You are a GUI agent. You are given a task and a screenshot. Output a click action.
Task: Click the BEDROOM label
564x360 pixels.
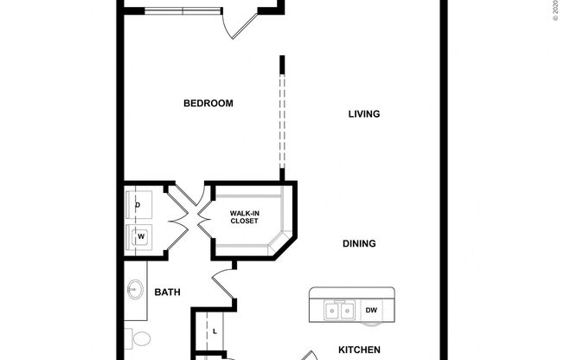click(208, 104)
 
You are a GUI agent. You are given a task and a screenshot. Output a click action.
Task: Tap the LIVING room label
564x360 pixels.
click(364, 114)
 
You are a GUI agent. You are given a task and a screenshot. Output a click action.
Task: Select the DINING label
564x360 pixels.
click(359, 244)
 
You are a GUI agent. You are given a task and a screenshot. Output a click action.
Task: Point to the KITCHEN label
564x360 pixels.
click(359, 350)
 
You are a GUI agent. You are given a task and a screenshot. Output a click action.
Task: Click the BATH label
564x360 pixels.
click(167, 292)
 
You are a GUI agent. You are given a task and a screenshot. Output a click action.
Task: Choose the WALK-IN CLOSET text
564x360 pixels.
click(245, 217)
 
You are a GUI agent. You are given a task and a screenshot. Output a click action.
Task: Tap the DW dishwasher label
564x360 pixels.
click(371, 310)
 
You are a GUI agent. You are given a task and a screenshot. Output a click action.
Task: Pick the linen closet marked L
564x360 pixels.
click(213, 331)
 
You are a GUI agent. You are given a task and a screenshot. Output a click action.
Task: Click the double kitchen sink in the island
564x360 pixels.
click(337, 310)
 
